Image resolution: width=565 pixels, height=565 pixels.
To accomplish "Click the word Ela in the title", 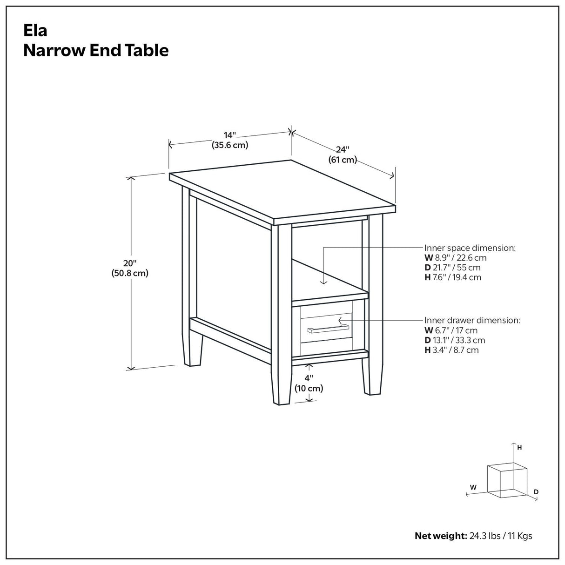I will point(35,31).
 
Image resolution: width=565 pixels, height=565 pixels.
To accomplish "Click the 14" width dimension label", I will point(230,135).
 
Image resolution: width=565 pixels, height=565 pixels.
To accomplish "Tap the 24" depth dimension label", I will point(343,150).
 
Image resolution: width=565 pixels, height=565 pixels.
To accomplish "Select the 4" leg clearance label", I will point(309,378).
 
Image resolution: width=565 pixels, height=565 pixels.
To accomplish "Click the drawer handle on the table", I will point(325,330).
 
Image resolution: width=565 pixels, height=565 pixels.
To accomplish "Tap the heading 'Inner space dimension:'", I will point(470,248).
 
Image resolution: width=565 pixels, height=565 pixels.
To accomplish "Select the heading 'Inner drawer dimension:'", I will point(472,320).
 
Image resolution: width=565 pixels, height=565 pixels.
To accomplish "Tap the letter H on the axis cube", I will point(519,448).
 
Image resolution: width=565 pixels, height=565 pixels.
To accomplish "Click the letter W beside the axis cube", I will point(473,487).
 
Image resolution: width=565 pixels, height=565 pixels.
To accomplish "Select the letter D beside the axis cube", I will point(536,491).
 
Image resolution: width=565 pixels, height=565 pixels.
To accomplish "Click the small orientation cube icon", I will point(506,480).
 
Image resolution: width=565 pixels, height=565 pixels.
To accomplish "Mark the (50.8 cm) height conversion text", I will point(130,273).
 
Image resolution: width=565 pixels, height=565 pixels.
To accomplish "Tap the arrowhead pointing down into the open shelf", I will point(323,281).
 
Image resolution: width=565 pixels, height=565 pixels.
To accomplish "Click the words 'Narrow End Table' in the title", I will point(96,50).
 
